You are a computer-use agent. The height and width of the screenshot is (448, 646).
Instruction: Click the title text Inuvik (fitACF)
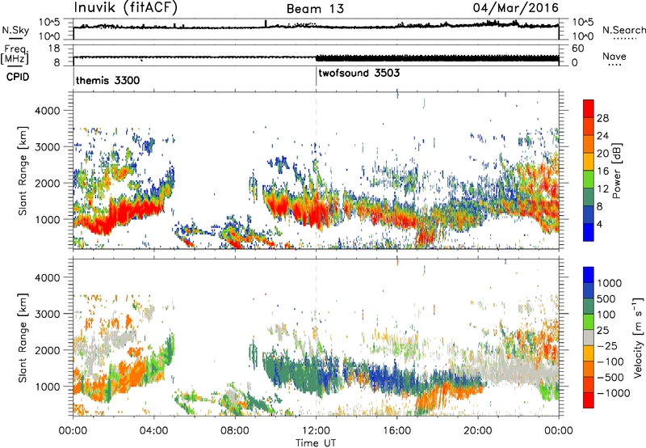[126, 8]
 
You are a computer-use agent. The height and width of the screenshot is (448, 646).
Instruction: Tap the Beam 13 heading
[315, 9]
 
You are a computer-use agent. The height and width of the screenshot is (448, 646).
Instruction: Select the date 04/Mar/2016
[516, 8]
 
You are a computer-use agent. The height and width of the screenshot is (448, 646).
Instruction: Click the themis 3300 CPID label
[107, 80]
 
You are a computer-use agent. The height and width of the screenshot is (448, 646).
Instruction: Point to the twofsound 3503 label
[359, 73]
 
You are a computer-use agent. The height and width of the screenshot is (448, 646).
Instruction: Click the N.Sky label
[15, 30]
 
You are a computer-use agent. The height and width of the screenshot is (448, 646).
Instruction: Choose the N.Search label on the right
[624, 30]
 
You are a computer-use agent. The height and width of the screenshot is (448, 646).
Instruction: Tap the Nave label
[615, 56]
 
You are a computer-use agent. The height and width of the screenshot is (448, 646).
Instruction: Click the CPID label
[18, 77]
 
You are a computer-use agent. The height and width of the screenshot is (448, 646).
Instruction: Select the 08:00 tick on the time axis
[235, 431]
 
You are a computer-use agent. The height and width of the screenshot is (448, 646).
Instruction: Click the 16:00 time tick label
[396, 431]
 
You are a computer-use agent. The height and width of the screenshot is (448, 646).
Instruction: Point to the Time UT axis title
[316, 443]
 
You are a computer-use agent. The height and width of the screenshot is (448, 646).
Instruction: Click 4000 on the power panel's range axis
[47, 111]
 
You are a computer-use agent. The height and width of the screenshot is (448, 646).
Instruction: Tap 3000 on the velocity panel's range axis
[47, 314]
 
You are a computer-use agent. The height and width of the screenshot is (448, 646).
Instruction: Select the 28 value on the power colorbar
[602, 118]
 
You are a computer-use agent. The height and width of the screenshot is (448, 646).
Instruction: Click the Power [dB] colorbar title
[617, 171]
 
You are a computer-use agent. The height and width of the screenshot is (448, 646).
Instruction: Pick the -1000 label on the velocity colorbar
[614, 393]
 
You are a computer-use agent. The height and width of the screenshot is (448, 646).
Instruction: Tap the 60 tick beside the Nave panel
[577, 49]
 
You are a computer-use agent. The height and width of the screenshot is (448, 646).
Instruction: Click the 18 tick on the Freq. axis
[54, 49]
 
